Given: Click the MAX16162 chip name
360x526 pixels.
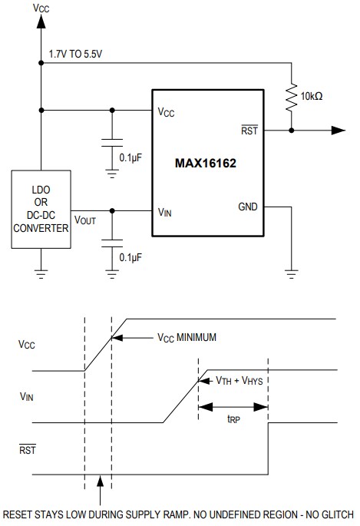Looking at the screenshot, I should click(x=206, y=164).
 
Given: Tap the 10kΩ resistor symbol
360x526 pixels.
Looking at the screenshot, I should click(x=292, y=98).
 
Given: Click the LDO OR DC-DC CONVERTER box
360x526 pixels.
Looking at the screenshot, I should click(x=41, y=210).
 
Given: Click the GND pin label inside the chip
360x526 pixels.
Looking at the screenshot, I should click(x=248, y=207).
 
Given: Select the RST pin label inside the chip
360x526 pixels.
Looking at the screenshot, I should click(x=249, y=131).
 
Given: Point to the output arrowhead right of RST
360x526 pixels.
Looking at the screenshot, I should click(x=339, y=131).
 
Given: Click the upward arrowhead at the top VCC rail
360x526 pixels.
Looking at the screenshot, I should click(x=41, y=22).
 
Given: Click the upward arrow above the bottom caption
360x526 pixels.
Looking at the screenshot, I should click(x=99, y=485).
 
